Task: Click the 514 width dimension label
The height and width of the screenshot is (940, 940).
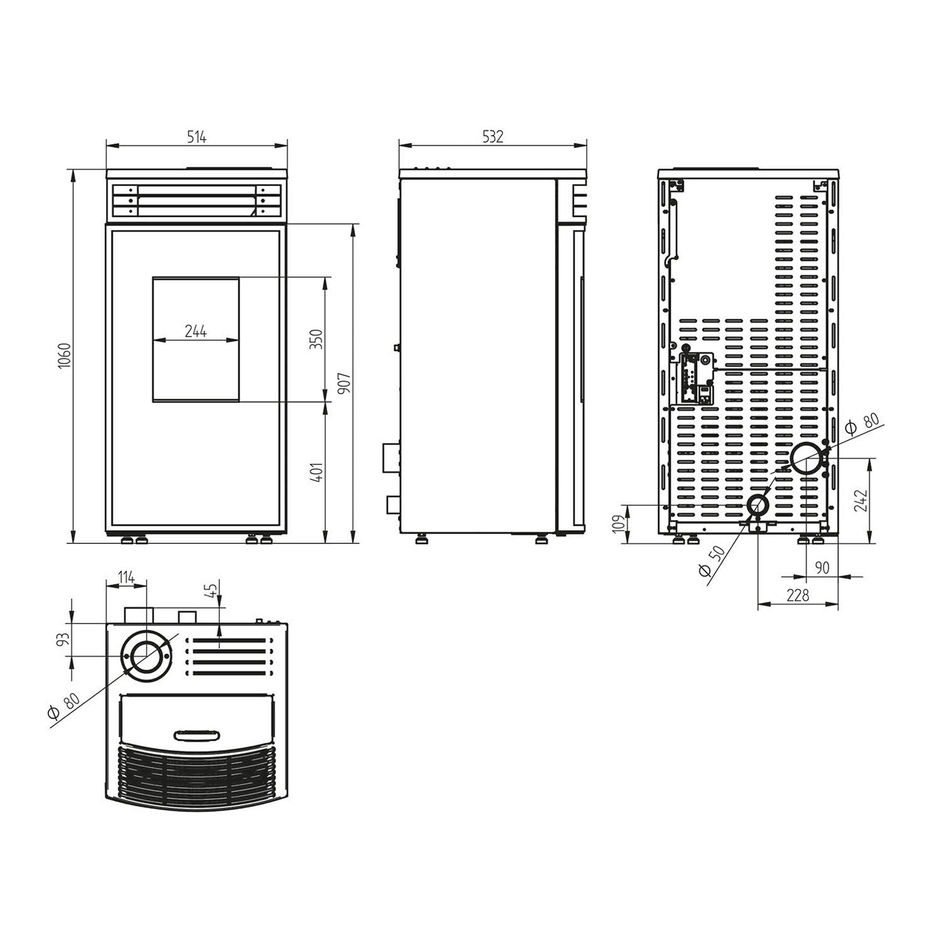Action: pos(197,137)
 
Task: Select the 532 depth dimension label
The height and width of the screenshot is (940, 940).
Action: pos(493,137)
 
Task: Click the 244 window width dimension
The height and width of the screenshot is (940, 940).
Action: pos(196,332)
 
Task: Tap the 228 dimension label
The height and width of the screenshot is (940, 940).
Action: pos(797,595)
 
